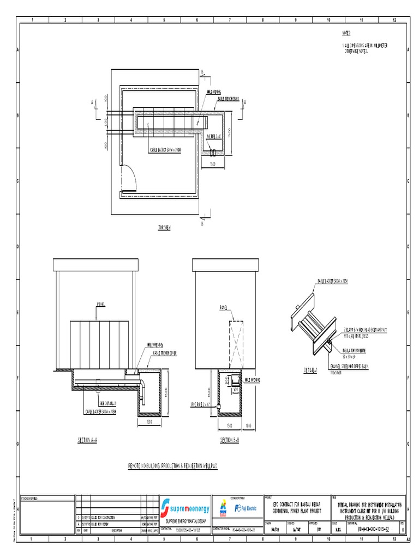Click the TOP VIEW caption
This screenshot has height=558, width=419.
click(164, 228)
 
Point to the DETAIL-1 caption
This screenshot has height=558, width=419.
click(313, 370)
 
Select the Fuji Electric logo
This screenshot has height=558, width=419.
click(245, 508)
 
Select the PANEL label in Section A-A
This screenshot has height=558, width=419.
click(99, 305)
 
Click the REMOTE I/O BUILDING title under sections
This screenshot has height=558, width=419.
click(172, 466)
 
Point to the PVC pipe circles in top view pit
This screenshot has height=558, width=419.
click(213, 152)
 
